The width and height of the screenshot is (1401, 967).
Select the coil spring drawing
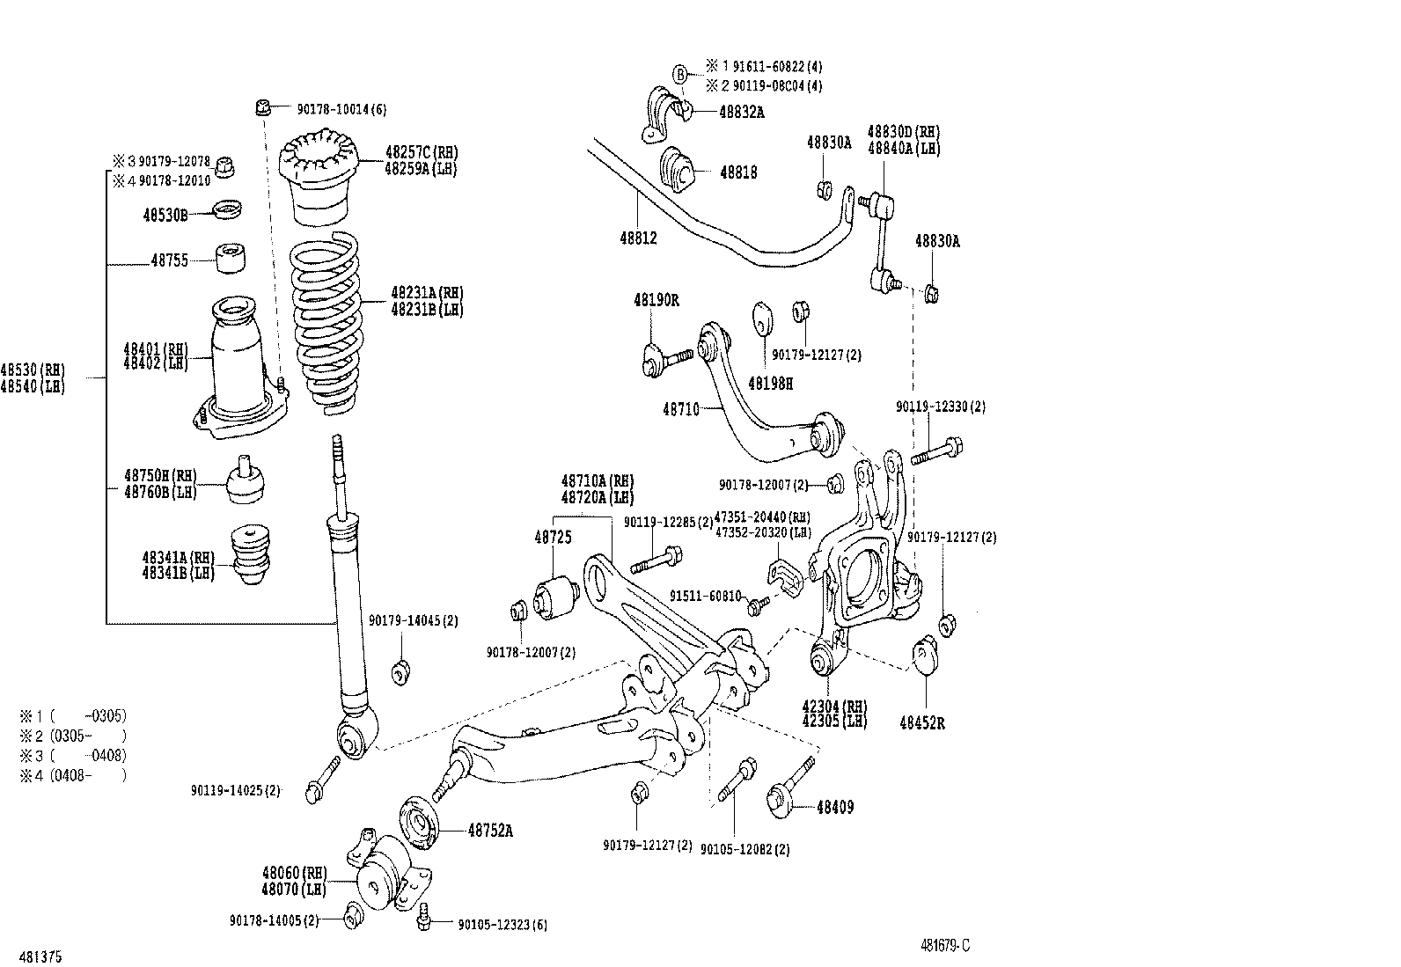click(x=327, y=322)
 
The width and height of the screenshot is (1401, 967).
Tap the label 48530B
click(x=165, y=214)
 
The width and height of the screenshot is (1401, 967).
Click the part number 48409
click(x=834, y=807)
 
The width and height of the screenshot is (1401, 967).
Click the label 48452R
click(x=923, y=722)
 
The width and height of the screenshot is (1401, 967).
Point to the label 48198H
click(x=770, y=383)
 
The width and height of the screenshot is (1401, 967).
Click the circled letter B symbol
click(x=679, y=74)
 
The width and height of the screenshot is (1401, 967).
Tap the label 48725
click(x=552, y=536)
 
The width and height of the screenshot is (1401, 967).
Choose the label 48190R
click(x=656, y=300)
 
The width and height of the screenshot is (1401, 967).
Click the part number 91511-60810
click(x=705, y=596)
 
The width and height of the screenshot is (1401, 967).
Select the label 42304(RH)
click(x=834, y=706)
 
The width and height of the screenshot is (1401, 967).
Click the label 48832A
click(x=741, y=112)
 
